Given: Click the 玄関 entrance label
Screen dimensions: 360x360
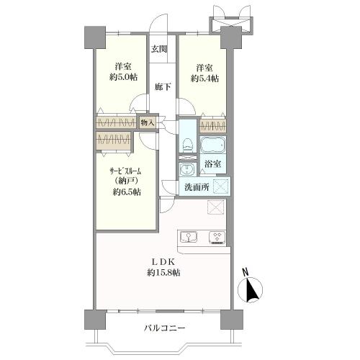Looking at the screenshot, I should [159, 49].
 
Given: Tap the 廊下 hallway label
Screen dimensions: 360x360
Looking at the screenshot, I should [163, 86].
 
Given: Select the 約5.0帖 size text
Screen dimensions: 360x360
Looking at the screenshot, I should [117, 77].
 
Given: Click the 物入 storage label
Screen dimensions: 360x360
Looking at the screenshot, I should [148, 123].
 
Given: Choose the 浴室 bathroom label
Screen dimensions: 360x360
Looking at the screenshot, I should [212, 165].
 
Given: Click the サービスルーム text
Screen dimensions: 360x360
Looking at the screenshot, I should [125, 171].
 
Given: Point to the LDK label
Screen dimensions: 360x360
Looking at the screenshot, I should [163, 260].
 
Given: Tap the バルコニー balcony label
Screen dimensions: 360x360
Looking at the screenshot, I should [164, 328].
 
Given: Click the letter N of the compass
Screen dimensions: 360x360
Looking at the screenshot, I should [246, 271].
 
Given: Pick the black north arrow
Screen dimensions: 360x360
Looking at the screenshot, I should [252, 292].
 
